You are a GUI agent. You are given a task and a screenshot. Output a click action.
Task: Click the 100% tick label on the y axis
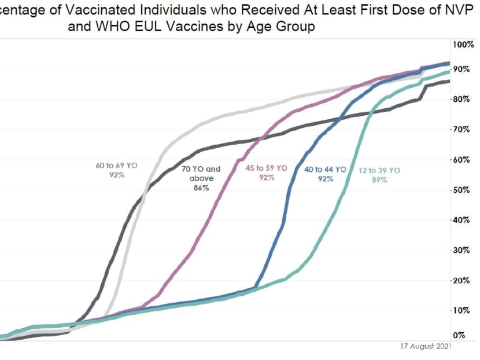463,45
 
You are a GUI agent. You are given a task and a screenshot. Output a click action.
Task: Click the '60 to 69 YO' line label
116,166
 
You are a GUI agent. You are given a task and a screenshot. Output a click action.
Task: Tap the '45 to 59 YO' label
267,168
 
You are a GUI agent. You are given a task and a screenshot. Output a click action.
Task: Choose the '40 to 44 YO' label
325,170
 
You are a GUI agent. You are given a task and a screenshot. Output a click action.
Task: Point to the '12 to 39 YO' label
379,170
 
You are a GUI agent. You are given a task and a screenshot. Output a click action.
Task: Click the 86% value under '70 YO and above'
201,188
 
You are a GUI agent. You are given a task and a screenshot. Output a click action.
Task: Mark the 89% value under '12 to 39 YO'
379,179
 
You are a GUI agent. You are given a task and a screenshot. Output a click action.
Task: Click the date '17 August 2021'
425,346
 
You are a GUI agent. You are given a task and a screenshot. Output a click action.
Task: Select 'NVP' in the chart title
460,10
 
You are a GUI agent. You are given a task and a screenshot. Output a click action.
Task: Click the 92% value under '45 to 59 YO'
267,178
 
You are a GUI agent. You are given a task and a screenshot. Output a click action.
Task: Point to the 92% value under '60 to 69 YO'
116,175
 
